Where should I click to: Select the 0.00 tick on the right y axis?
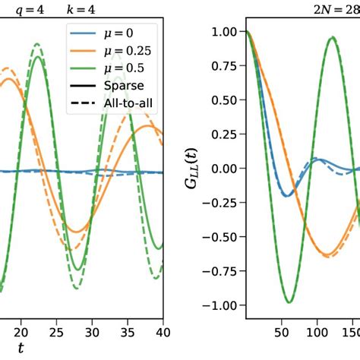pos(226,168)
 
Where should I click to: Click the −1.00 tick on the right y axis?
pos(223,305)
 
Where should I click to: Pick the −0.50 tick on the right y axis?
pos(223,237)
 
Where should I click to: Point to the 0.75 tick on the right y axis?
pos(226,65)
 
